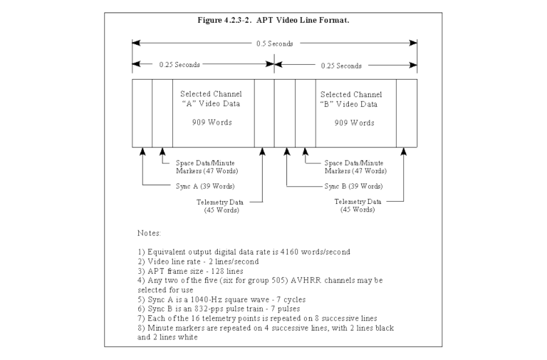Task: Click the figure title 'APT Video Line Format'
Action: [274, 19]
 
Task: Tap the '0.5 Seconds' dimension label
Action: [274, 43]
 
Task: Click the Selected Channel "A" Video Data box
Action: [212, 113]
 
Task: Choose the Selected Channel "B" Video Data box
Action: [355, 113]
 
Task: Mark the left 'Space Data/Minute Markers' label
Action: [206, 167]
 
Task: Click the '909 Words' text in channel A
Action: [212, 122]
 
